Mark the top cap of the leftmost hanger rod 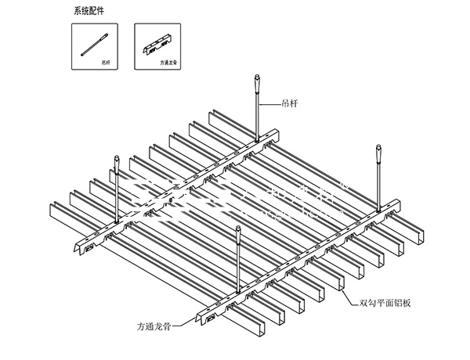pos(116,162)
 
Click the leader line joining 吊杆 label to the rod pos(270,103)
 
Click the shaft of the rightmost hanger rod pos(379,180)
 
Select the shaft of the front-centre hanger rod pos(238,262)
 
